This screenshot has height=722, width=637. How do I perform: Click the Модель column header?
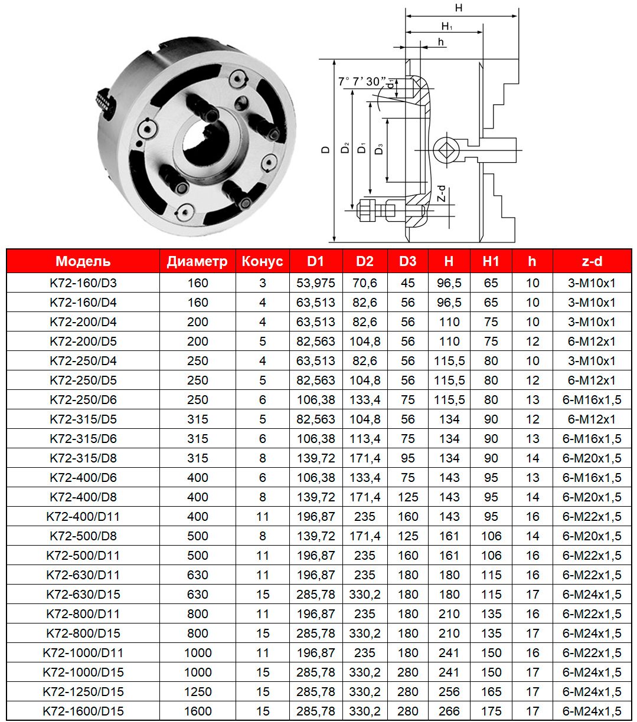83,261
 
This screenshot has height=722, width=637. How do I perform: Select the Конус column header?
263,261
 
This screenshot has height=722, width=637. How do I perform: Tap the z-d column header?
592,261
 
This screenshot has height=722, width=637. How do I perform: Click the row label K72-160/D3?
83,283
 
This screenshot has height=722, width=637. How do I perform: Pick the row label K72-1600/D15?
83,711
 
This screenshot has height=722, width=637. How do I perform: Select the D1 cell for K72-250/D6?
316,400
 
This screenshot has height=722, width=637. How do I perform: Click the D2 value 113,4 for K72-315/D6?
365,439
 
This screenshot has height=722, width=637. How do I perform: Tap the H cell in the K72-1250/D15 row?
449,692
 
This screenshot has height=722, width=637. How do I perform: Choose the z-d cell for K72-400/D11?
592,517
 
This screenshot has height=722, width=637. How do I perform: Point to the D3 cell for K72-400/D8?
408,497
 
